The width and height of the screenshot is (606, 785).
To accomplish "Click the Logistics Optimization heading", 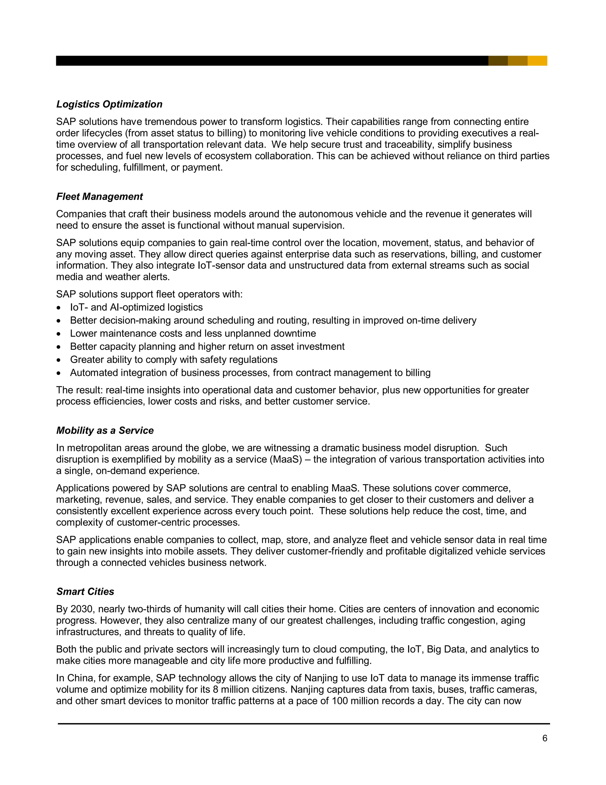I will tap(109, 104).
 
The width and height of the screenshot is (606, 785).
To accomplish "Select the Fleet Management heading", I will tap(99, 197).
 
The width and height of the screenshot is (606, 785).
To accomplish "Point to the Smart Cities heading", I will tap(85, 592).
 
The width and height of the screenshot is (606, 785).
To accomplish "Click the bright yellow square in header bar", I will tap(537, 61).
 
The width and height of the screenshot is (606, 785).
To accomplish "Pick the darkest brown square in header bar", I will tap(498, 61).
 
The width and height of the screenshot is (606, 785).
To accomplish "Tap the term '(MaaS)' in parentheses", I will tap(286, 459).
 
